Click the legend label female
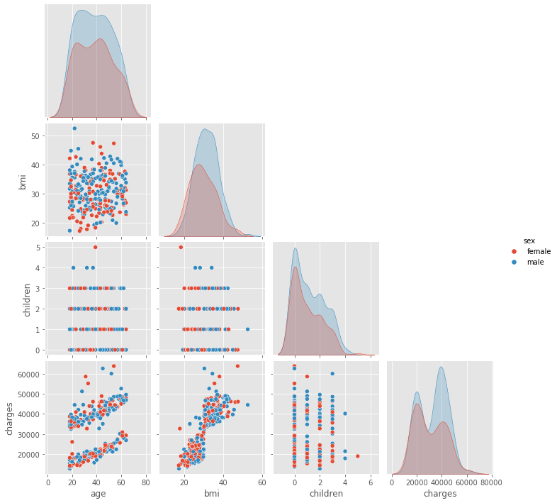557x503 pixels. click(x=539, y=251)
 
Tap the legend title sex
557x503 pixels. click(x=529, y=241)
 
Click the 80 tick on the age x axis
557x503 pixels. click(x=146, y=483)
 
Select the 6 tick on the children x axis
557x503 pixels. click(x=369, y=483)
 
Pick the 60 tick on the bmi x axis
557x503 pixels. click(x=261, y=483)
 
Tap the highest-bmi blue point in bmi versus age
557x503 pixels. click(x=74, y=128)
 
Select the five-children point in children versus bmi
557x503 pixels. click(x=181, y=247)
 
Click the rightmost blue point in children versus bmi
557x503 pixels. click(x=247, y=329)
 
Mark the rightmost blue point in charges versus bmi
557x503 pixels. click(x=247, y=404)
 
